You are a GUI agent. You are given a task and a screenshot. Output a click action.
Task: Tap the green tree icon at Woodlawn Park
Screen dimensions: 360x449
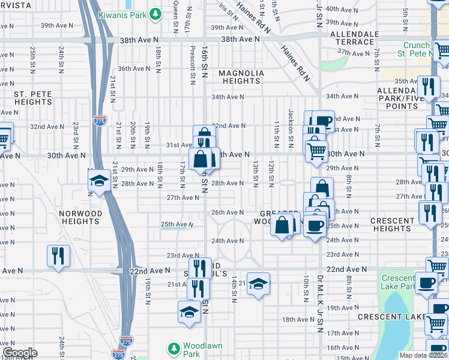pos(173,348)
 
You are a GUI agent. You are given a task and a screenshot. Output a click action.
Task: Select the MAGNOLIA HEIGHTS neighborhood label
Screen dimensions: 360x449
pos(241,77)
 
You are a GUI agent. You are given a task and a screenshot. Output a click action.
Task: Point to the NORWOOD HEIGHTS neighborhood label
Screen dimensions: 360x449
pos(80,217)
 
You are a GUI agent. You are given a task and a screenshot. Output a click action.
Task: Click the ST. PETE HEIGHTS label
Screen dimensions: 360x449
pos(33,98)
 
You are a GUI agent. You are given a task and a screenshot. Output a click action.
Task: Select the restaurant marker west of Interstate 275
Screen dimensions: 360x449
pos(59,256)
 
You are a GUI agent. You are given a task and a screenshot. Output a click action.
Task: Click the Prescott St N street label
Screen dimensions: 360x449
pos(193,61)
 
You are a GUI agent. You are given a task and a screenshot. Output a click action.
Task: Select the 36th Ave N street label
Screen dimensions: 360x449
pos(134,68)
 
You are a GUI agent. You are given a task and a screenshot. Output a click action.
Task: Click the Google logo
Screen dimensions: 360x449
pos(19,353)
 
